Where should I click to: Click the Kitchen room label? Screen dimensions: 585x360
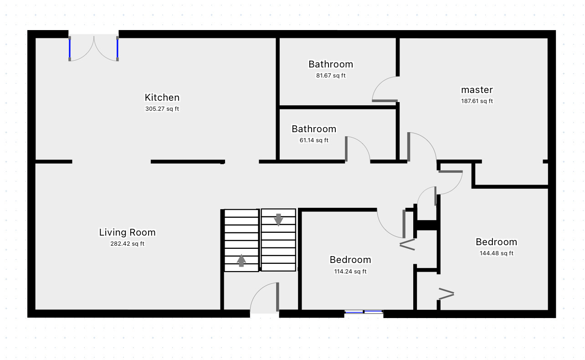pos(162,98)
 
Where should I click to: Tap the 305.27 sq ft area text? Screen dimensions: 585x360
pos(162,108)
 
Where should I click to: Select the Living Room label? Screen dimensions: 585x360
pos(127,232)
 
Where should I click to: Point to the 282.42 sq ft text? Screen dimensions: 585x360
pos(127,244)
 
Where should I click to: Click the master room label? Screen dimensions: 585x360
pos(477,90)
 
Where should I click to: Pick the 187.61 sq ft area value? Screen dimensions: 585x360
pos(477,101)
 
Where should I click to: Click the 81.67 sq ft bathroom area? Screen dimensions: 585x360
pos(331,76)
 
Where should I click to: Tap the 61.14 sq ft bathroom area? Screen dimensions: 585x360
pos(314,140)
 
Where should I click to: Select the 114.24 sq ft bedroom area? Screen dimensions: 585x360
pos(350,272)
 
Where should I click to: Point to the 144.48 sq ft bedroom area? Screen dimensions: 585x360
pos(497,253)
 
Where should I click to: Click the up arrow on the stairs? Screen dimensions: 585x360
pos(241,261)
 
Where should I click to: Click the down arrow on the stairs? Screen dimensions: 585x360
pos(278,220)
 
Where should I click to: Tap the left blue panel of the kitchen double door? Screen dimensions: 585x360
pos(70,49)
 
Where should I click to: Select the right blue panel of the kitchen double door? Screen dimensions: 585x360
pos(118,49)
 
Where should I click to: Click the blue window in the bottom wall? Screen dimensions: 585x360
pos(364,312)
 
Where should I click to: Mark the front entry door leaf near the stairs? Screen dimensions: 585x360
pos(277,297)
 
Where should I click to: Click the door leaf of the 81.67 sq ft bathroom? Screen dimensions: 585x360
pos(385,101)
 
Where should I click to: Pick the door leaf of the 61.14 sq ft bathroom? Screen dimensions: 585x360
pos(346,149)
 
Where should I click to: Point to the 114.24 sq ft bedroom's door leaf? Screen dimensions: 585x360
pos(404,224)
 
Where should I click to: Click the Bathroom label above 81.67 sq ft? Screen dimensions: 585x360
pos(331,64)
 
